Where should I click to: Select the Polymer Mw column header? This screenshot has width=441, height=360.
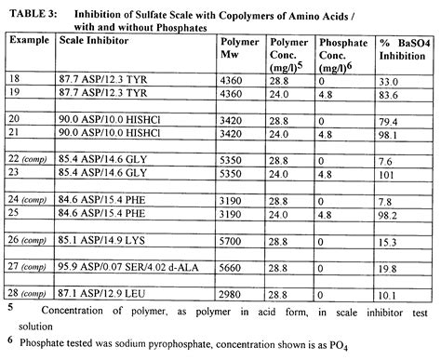pos(239,49)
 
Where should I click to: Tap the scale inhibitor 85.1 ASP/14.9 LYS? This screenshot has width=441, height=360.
pos(111,241)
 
